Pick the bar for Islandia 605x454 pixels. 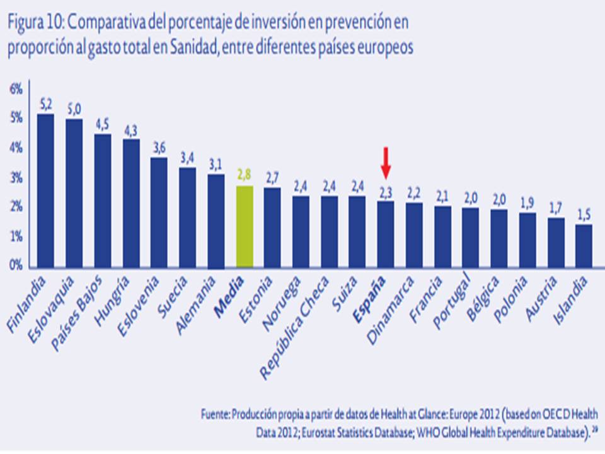click(x=584, y=245)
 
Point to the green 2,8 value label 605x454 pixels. click(x=245, y=175)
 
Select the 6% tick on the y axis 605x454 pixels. click(x=16, y=90)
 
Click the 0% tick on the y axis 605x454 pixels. click(x=16, y=265)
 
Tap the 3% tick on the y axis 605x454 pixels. click(x=16, y=178)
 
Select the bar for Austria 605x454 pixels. click(x=556, y=242)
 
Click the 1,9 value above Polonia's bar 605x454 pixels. click(x=527, y=203)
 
